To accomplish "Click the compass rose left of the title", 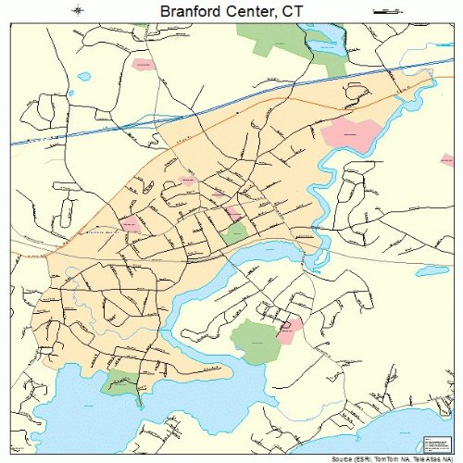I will pyautogui.click(x=81, y=10).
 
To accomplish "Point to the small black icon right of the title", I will pyautogui.click(x=382, y=10).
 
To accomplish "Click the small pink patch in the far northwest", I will pyautogui.click(x=143, y=65).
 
